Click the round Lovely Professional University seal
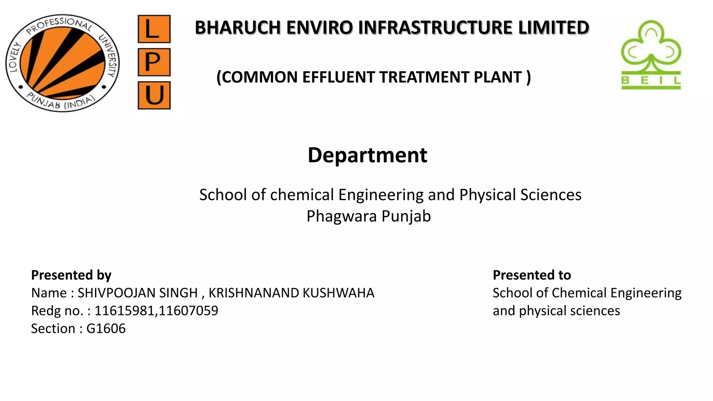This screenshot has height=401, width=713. [x=63, y=63]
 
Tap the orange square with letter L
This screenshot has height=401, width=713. [x=154, y=29]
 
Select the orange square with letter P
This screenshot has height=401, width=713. [x=154, y=62]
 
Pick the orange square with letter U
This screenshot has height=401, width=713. [x=154, y=95]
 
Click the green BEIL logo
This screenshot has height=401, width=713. [x=651, y=55]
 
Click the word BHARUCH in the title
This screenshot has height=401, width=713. [x=237, y=28]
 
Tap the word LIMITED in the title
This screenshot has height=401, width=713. [x=554, y=28]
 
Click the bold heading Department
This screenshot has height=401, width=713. [x=367, y=155]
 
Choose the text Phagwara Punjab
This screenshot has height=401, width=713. [x=368, y=216]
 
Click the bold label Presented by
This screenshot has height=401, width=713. [x=71, y=275]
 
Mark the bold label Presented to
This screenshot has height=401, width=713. [x=532, y=275]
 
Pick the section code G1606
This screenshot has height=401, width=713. [x=106, y=329]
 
